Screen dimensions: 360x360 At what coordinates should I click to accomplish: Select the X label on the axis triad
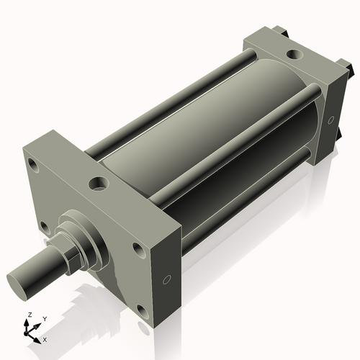pos(45,338)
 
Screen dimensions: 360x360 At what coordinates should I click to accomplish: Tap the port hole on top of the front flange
pos(96,184)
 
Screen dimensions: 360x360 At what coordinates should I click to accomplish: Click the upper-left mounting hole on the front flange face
pos(34,164)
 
